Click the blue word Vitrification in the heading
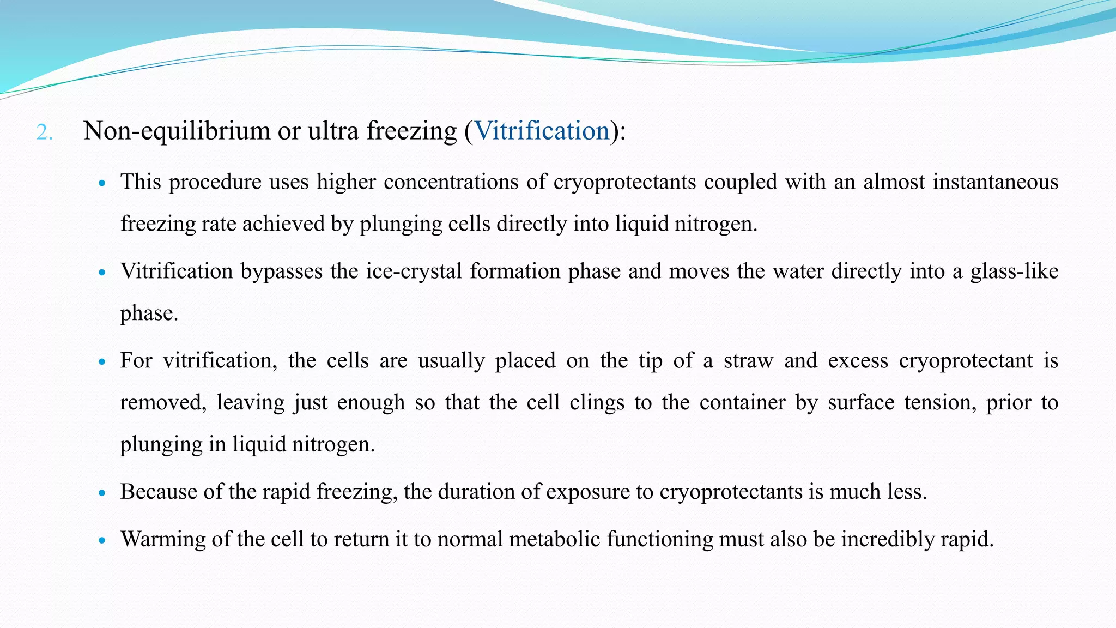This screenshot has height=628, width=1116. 542,131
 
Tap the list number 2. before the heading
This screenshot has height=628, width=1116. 44,132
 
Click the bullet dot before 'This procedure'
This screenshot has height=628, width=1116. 102,184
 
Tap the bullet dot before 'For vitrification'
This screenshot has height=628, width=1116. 102,361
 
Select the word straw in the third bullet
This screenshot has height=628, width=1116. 748,360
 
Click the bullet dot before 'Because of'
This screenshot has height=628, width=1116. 102,493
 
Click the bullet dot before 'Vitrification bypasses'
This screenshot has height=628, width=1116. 102,273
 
